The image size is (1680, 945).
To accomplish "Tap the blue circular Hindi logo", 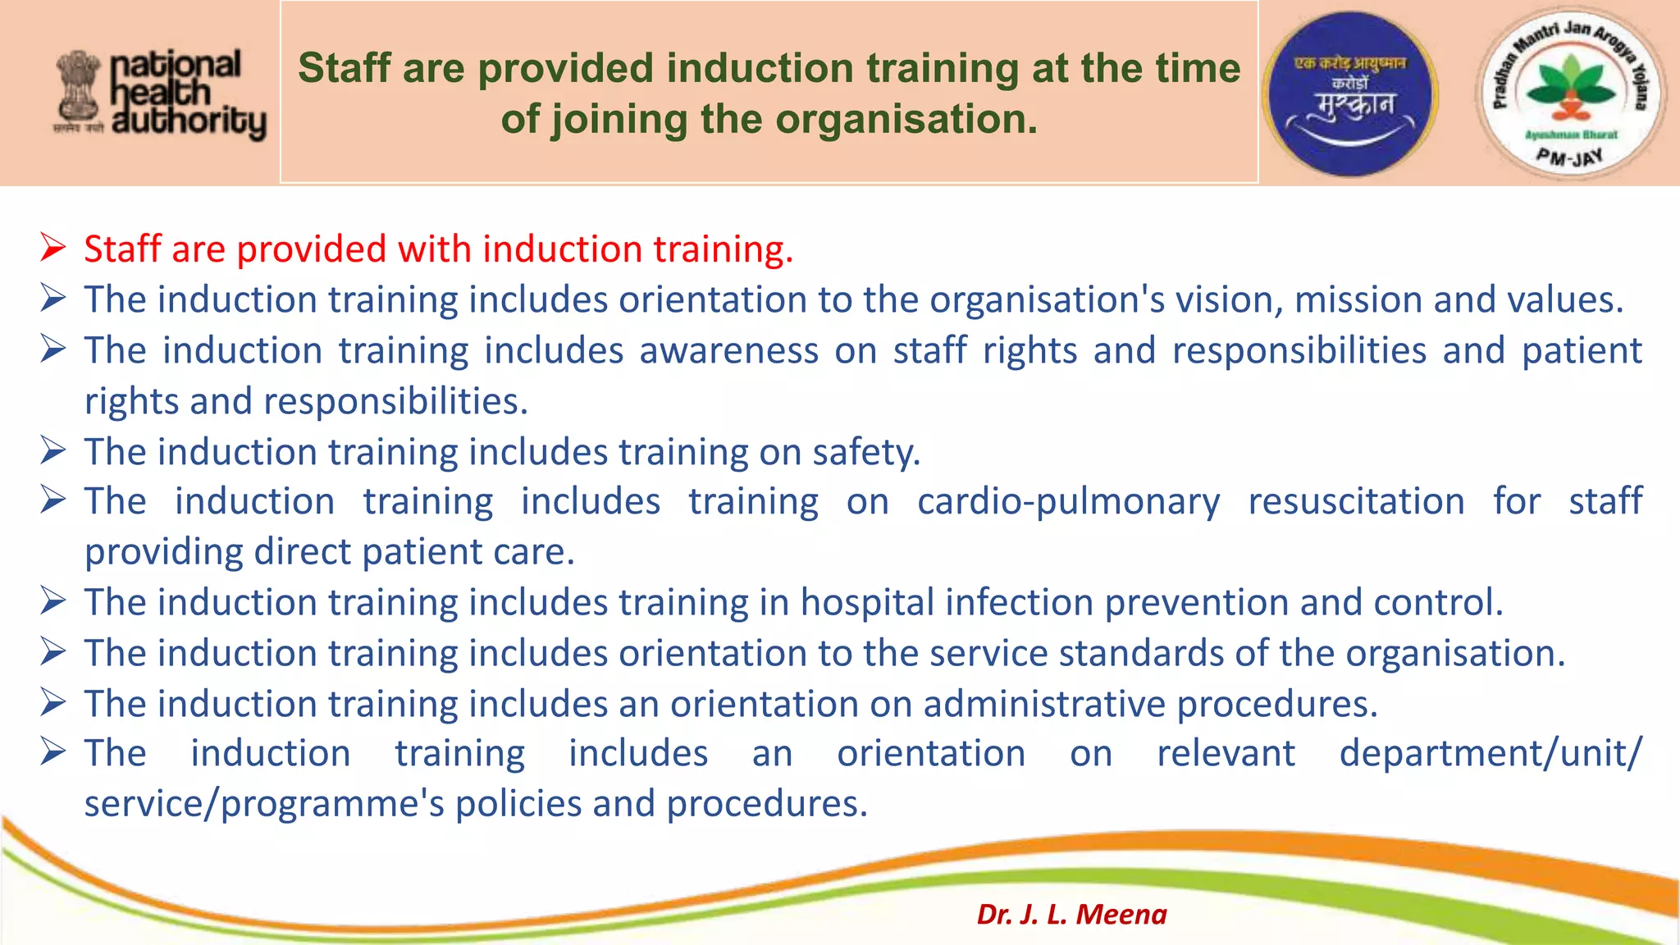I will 1349,94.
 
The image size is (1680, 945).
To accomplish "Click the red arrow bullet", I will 53,247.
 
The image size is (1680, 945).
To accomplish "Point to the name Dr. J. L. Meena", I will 1071,914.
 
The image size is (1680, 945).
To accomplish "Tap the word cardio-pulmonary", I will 1068,501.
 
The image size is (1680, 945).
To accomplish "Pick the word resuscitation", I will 1356,501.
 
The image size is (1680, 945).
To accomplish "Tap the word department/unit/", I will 1491,753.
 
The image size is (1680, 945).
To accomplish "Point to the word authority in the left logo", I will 189,122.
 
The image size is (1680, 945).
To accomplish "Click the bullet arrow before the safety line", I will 53,450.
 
